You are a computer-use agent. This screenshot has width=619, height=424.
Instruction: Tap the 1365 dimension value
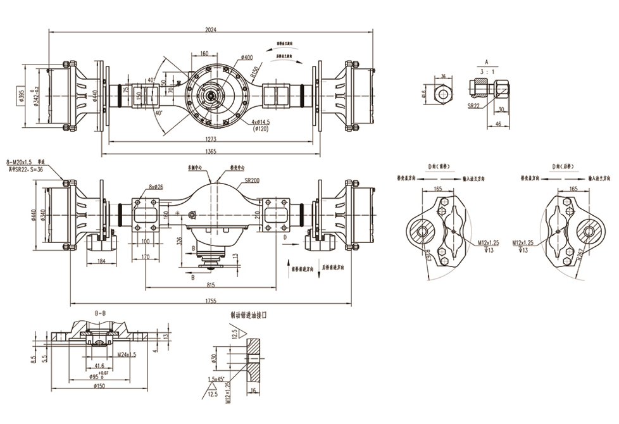211,151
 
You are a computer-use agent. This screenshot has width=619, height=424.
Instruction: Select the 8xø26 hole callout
156,187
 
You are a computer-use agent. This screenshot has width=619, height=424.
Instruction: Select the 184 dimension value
102,261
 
